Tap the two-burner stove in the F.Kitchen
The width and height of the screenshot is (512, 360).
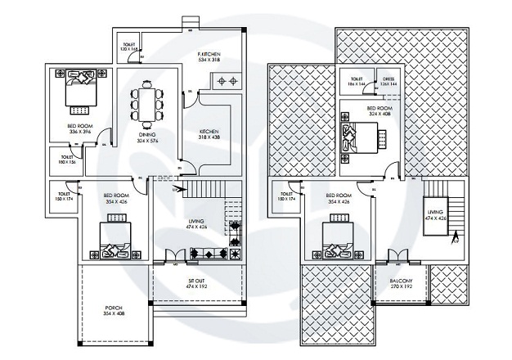225,81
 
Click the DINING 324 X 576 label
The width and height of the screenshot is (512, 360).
147,136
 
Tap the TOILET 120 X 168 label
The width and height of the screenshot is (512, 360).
129,47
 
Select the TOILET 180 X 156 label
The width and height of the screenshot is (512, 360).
68,160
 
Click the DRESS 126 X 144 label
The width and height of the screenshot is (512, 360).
388,82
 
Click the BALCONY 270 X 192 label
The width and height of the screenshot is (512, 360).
401,283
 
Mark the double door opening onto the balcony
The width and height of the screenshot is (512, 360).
395,256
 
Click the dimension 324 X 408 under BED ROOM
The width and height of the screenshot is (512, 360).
379,115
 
